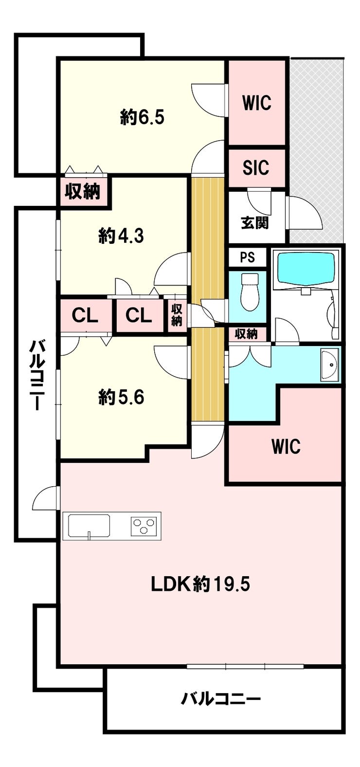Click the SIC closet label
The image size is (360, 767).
click(x=256, y=168)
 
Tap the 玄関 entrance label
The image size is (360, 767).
click(x=255, y=223)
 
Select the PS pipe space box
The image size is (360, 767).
click(x=248, y=257)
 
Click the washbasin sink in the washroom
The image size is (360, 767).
click(x=329, y=365)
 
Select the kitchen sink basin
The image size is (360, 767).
click(x=89, y=526)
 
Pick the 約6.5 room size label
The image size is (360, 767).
click(x=143, y=117)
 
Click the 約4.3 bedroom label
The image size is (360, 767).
click(x=121, y=236)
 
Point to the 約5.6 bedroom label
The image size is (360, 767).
click(x=121, y=398)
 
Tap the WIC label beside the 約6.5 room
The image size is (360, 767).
click(x=257, y=102)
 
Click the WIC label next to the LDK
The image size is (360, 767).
click(x=286, y=446)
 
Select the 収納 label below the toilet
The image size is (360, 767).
click(x=246, y=334)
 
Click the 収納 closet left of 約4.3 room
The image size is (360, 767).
click(x=83, y=191)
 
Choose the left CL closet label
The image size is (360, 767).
click(x=85, y=315)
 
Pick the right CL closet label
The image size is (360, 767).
click(x=138, y=315)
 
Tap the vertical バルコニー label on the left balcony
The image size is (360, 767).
click(x=36, y=375)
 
